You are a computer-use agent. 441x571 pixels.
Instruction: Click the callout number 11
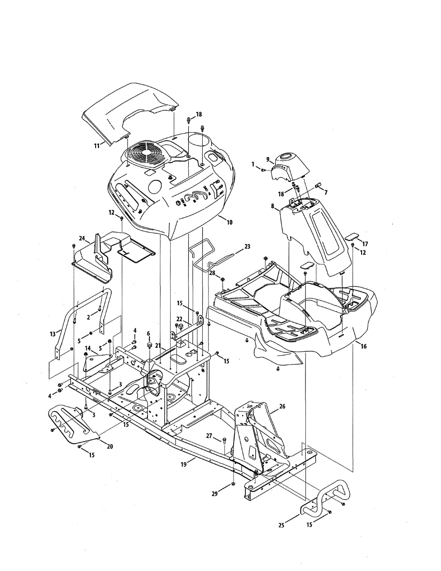[97, 146]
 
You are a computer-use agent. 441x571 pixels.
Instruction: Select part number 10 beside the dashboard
[229, 222]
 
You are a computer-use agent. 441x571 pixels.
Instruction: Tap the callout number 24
[81, 238]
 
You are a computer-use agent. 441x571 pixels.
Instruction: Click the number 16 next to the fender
[363, 346]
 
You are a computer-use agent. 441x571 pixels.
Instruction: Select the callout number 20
[110, 446]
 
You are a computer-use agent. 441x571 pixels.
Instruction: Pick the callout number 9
[268, 159]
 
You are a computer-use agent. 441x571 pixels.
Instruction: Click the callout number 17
[365, 244]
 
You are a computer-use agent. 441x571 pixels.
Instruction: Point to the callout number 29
[214, 494]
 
